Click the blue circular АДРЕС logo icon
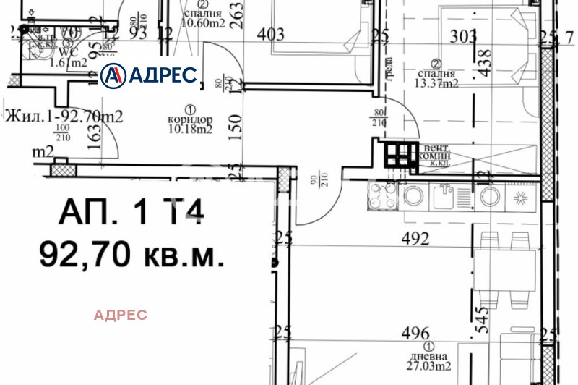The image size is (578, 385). point(113,75)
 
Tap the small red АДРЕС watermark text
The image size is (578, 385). point(121,315)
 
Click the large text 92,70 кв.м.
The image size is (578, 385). point(131,254)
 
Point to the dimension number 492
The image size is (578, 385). point(416,238)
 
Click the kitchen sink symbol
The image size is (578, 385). point(443,195)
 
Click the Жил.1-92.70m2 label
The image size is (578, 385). point(64,115)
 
